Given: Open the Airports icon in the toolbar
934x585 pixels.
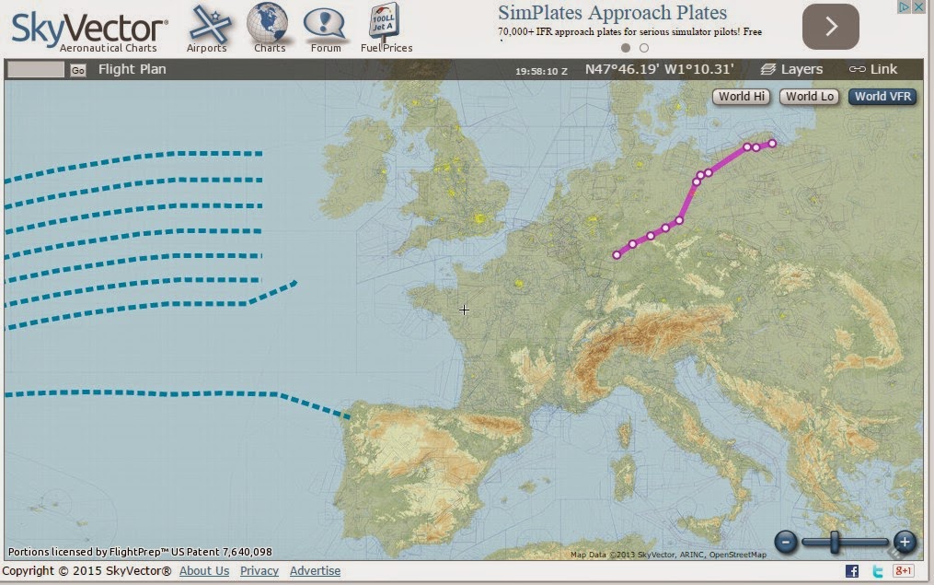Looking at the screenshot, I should click(x=208, y=23).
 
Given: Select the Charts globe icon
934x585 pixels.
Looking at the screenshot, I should click(x=268, y=23).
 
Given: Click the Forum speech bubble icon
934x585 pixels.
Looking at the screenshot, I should click(x=326, y=23).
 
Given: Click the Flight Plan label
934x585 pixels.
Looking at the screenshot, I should click(x=132, y=69).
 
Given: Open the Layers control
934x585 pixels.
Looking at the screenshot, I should click(x=792, y=69).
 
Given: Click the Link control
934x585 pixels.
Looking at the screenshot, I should click(x=873, y=69).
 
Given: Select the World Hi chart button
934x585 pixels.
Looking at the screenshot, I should click(x=741, y=96).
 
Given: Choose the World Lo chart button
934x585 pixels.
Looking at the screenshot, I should click(x=810, y=96).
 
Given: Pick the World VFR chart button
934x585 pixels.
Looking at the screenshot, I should click(x=882, y=96).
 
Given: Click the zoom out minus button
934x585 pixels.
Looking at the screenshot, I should click(x=785, y=542).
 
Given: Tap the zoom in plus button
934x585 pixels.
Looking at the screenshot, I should click(x=905, y=542).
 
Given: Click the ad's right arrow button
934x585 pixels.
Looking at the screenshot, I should click(x=830, y=27).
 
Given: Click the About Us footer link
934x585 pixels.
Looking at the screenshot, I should click(x=204, y=571).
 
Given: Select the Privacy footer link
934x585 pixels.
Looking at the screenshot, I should click(x=259, y=571).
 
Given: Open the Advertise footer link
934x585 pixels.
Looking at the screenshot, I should click(x=315, y=571).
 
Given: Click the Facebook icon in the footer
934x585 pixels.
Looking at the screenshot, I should click(x=852, y=571).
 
